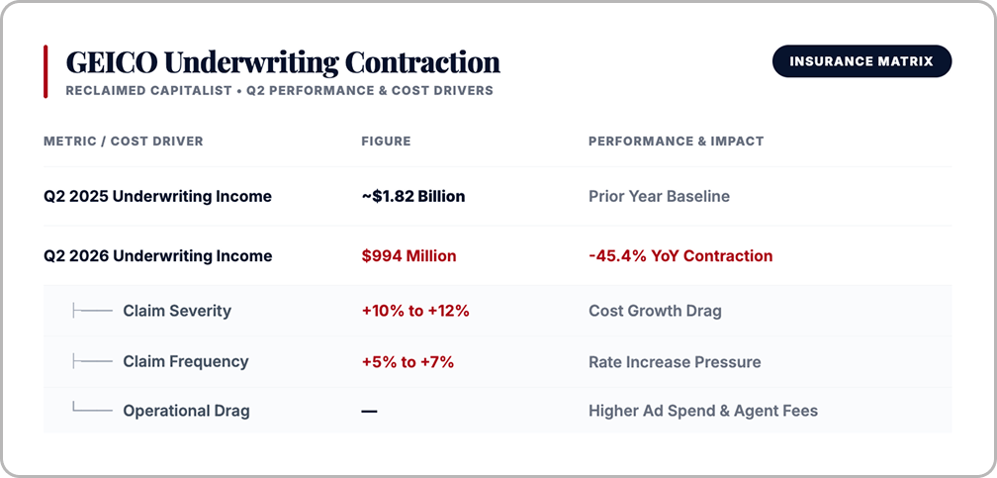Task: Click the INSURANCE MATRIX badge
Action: click(861, 61)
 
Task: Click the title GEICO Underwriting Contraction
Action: click(283, 62)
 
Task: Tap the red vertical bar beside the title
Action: click(45, 72)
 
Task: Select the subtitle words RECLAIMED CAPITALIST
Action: click(148, 90)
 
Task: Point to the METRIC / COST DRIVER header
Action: click(124, 142)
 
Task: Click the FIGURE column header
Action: click(386, 142)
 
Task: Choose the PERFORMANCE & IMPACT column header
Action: click(676, 142)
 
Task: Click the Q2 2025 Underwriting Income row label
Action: click(157, 197)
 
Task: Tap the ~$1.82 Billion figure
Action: click(413, 197)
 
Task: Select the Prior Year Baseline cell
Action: click(659, 197)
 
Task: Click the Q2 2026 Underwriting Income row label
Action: click(157, 256)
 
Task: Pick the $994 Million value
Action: click(408, 256)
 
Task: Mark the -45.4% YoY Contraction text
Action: click(680, 256)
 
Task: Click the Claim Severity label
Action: click(177, 311)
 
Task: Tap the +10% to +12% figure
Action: click(415, 311)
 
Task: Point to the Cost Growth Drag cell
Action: click(655, 311)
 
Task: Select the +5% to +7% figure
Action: click(408, 362)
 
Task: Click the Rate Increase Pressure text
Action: click(675, 362)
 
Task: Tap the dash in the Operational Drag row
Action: click(370, 411)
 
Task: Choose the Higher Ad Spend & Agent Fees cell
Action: click(703, 411)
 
